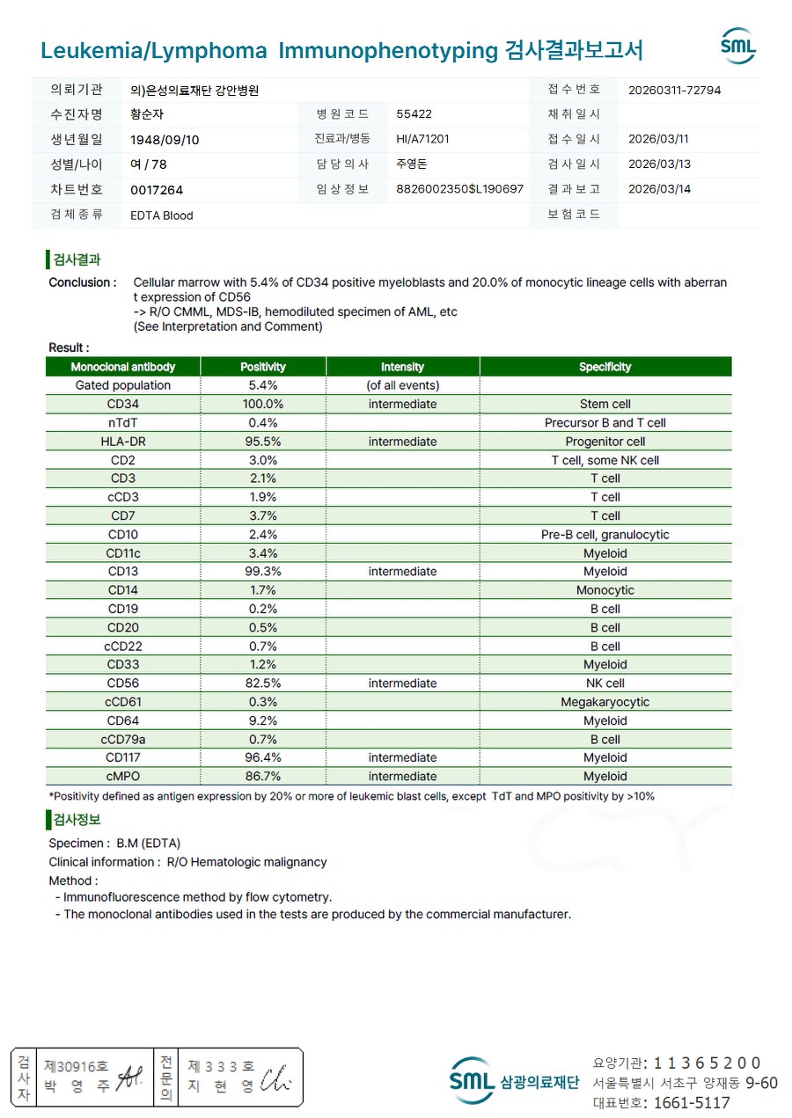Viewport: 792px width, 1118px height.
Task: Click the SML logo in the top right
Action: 737,47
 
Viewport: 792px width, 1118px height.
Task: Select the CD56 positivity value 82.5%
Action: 262,683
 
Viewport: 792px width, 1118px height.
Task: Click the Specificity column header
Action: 605,367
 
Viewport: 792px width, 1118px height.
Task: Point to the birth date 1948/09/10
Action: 165,140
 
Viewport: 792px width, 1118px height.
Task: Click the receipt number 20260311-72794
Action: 675,90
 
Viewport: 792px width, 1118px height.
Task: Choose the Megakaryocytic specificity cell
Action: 605,702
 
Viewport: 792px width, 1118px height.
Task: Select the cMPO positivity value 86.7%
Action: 262,777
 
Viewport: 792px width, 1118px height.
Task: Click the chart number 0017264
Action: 157,190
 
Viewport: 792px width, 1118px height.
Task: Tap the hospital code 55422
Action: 414,114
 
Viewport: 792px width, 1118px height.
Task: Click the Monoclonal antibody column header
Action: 123,367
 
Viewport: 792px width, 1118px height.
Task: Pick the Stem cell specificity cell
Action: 605,405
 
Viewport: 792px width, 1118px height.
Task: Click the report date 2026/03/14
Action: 659,189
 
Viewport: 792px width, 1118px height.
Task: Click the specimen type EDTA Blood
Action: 161,216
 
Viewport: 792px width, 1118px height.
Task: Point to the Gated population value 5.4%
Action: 262,385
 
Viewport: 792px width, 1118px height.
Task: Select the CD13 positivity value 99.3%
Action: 262,572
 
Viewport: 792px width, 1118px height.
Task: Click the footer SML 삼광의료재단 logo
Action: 514,1081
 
